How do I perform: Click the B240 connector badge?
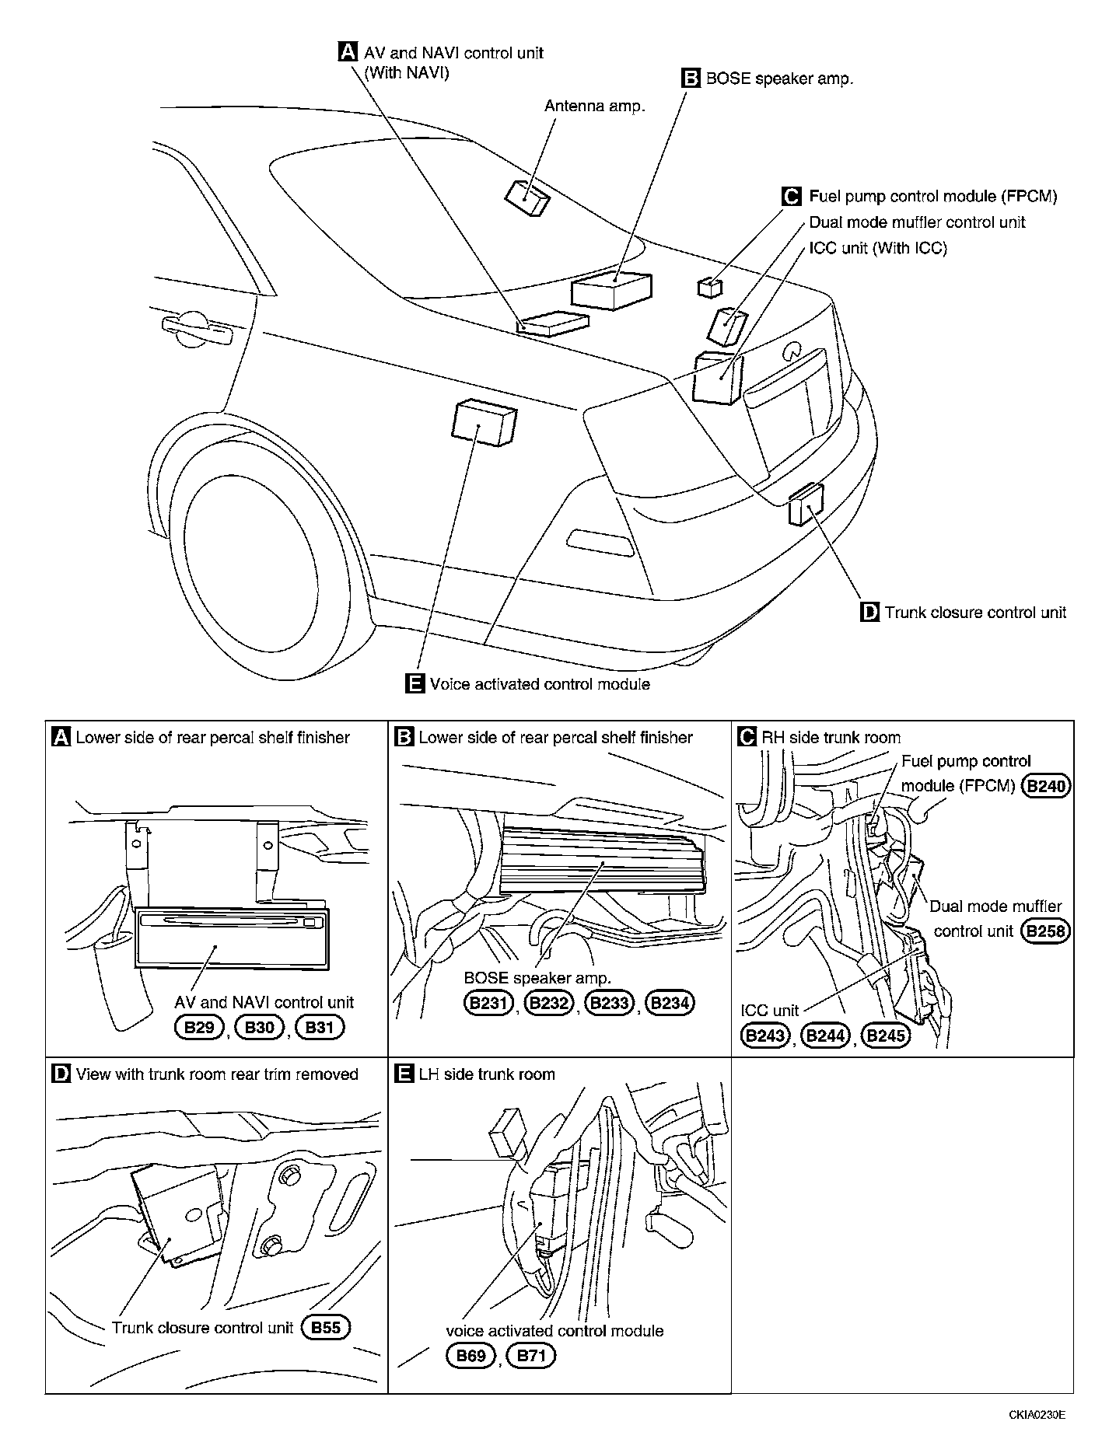click(x=1046, y=786)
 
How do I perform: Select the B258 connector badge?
click(x=1046, y=931)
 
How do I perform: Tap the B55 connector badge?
click(x=326, y=1327)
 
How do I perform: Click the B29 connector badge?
click(x=200, y=1028)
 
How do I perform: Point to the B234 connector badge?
click(x=670, y=1003)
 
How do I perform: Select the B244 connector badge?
click(x=825, y=1036)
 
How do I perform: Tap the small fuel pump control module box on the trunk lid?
click(x=709, y=288)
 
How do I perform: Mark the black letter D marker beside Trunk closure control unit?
click(x=869, y=612)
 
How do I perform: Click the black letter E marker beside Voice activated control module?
click(x=415, y=683)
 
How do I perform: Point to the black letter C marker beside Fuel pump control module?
click(x=791, y=197)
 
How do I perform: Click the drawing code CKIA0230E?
click(x=1037, y=1414)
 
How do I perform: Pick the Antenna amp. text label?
click(x=595, y=106)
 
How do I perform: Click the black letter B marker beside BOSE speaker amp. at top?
click(x=691, y=78)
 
